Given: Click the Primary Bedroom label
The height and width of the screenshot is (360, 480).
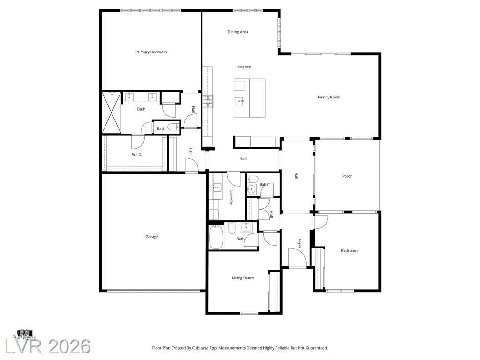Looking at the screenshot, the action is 151,52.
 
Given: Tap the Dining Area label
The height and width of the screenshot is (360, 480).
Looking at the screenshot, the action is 238,32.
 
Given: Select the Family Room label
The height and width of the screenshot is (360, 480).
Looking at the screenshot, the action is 329,97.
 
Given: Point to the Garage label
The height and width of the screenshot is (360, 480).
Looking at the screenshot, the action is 152,237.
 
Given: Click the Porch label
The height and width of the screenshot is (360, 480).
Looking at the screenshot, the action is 347,176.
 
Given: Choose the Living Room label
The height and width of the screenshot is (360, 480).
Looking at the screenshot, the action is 243,277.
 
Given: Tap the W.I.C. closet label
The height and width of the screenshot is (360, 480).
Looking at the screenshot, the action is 137,155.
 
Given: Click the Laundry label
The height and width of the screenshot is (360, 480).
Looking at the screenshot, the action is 232,197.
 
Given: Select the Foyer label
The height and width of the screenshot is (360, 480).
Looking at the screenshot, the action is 300,243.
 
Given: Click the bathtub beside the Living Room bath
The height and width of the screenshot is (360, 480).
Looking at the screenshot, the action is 216,237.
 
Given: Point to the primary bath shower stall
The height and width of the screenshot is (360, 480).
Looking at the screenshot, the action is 112,112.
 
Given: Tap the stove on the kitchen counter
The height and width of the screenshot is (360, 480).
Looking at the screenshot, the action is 208,102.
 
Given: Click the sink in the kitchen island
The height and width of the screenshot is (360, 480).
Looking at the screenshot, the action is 239,100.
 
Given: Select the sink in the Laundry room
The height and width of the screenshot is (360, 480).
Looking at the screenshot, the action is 217,187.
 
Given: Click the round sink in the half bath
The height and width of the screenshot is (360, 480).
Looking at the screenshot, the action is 252,189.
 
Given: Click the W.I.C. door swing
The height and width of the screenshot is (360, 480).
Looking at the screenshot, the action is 138,142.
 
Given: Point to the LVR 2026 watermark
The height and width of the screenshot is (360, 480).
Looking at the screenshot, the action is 47,347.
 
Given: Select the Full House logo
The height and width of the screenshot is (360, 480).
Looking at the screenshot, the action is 24,335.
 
